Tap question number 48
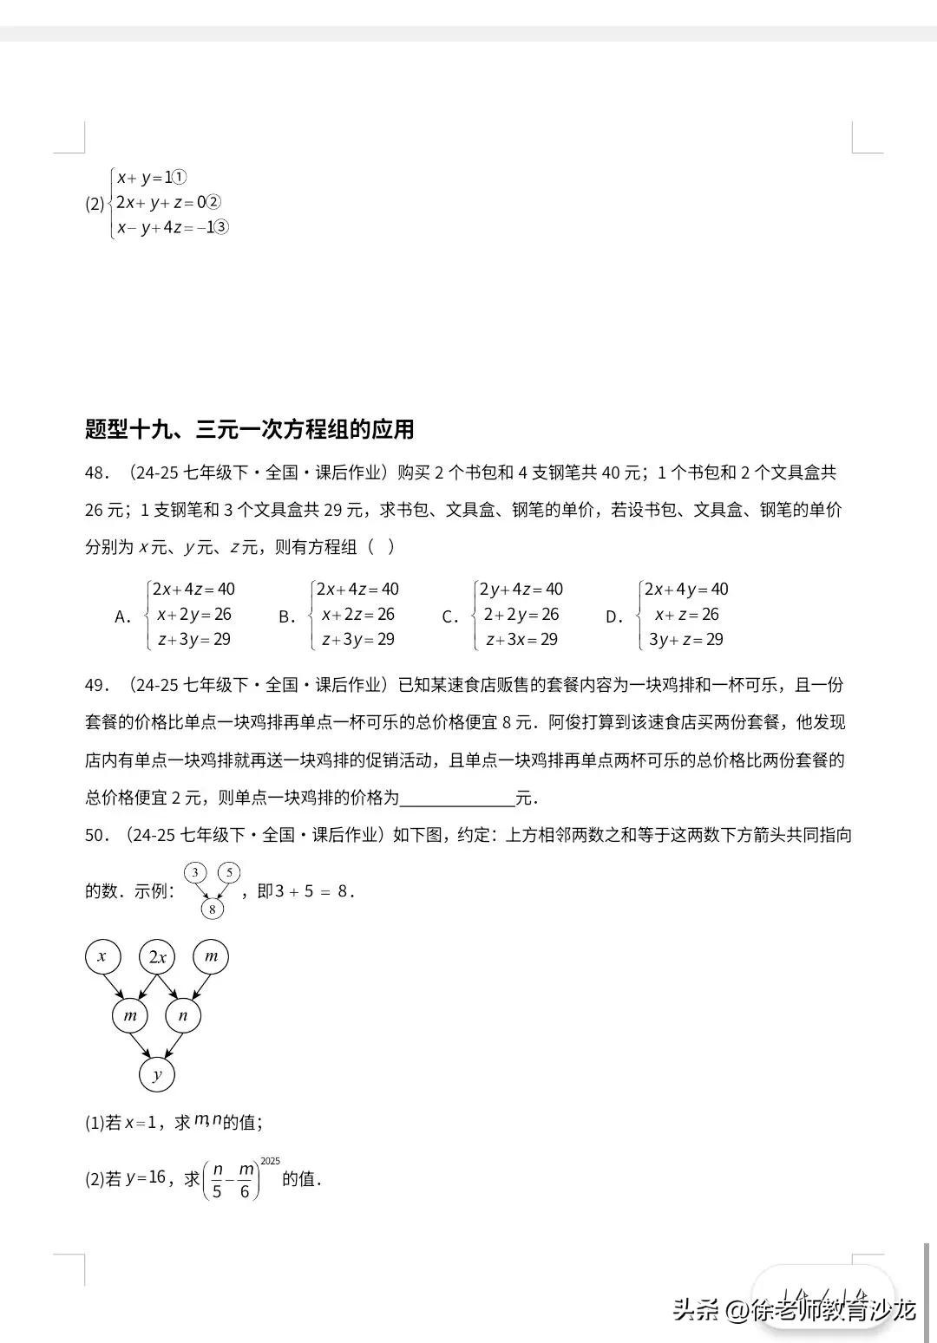pyautogui.click(x=96, y=473)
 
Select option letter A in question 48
pyautogui.click(x=122, y=617)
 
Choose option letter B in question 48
pyautogui.click(x=286, y=617)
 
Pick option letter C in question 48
pyautogui.click(x=449, y=617)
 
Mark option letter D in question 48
pyautogui.click(x=613, y=617)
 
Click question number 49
pyautogui.click(x=96, y=685)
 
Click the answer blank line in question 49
pyautogui.click(x=456, y=798)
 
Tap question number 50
pyautogui.click(x=96, y=835)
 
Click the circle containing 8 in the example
pyautogui.click(x=212, y=909)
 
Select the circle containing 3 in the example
pyautogui.click(x=195, y=872)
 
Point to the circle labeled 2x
pyautogui.click(x=157, y=957)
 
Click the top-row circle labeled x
pyautogui.click(x=102, y=957)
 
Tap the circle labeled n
pyautogui.click(x=183, y=1015)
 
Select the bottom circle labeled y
pyautogui.click(x=157, y=1075)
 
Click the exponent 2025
pyautogui.click(x=270, y=1160)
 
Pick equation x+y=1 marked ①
pyautogui.click(x=151, y=178)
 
